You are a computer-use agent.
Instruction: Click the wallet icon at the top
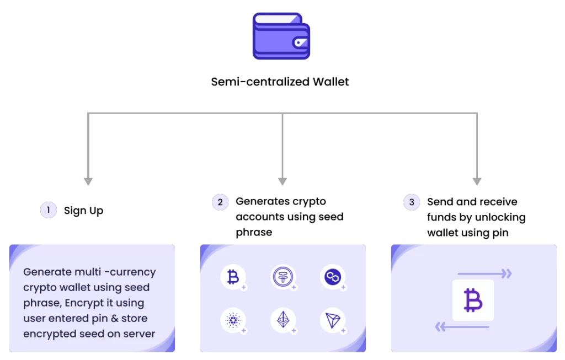[281, 36]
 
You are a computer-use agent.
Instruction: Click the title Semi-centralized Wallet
[280, 82]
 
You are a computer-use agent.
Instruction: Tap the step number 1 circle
[49, 210]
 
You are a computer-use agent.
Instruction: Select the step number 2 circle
[220, 202]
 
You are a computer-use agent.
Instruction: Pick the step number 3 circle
[412, 202]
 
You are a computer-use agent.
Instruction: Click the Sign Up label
[84, 211]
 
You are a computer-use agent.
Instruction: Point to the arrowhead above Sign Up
[88, 181]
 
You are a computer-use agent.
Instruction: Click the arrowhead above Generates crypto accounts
[282, 181]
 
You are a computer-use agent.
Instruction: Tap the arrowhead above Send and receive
[477, 181]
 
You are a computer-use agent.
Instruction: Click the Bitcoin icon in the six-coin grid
[233, 277]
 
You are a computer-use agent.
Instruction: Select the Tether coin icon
[283, 277]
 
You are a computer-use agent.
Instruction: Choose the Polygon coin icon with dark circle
[333, 277]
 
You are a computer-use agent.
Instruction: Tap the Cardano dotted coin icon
[233, 320]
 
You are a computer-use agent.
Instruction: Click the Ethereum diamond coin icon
[283, 320]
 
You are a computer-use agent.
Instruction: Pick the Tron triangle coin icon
[333, 320]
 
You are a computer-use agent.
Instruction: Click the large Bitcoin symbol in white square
[473, 300]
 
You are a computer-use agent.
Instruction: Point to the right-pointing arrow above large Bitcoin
[484, 274]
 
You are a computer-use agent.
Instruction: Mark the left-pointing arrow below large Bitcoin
[462, 327]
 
